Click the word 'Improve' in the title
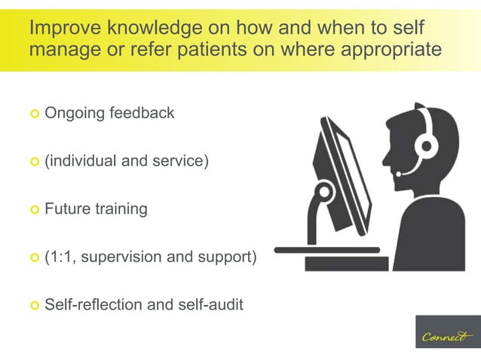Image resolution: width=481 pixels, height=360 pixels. tap(62, 29)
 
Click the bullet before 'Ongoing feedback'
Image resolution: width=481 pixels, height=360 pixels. tap(34, 114)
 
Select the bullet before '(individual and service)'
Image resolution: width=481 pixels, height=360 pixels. tap(34, 162)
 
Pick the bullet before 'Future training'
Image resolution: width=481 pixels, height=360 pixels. tap(34, 210)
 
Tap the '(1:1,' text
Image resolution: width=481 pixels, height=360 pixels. tap(60, 258)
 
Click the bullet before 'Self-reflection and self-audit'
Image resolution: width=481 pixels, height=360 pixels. tap(34, 306)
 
